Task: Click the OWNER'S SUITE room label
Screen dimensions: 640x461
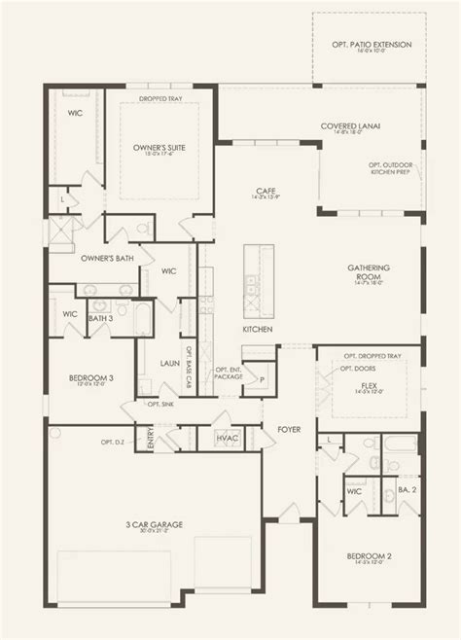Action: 160,147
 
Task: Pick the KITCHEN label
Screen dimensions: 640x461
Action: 257,330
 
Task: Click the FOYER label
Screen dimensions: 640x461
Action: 289,427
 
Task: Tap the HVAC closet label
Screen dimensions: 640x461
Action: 228,440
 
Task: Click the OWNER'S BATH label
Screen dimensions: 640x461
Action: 81,259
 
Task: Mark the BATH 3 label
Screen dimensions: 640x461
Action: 99,318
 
